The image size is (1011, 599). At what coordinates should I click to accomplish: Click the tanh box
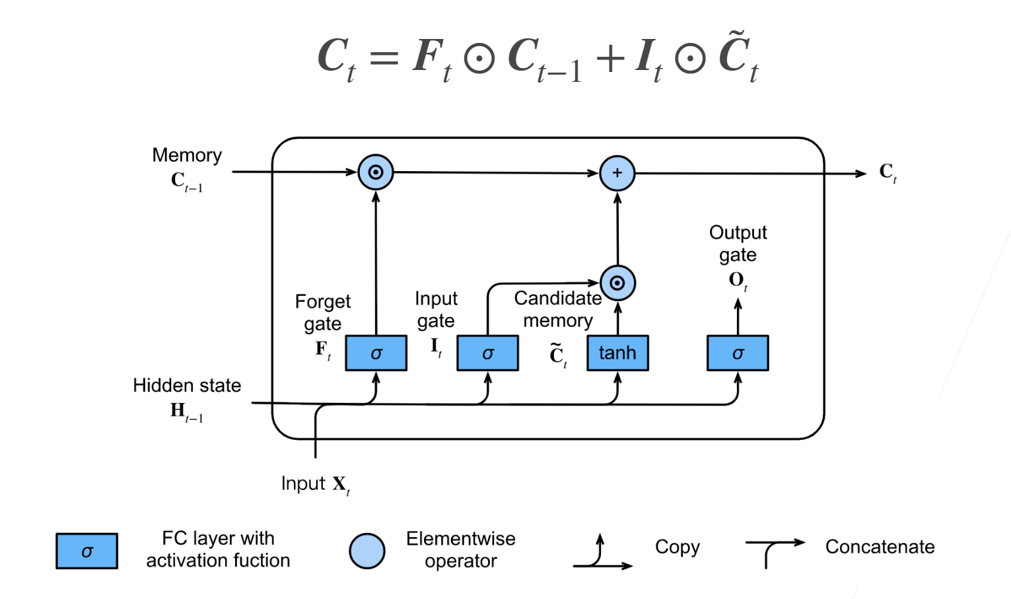tap(617, 353)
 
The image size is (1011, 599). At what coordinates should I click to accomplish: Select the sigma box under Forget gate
tap(376, 353)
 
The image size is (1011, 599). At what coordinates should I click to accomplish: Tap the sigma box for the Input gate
tap(487, 353)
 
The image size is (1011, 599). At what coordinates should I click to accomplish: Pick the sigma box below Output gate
tap(738, 353)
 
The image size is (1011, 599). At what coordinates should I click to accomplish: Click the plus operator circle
tap(617, 173)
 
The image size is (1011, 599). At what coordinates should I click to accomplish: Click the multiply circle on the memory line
tap(376, 172)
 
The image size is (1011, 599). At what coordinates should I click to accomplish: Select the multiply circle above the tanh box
tap(617, 283)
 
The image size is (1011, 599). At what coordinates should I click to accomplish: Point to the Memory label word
tap(187, 155)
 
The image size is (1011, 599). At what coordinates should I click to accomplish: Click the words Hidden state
tap(187, 386)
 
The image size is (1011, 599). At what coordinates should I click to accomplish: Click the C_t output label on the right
tap(888, 172)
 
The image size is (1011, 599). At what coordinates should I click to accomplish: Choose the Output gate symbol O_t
tap(738, 280)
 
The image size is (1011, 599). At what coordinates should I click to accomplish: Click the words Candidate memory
tap(558, 309)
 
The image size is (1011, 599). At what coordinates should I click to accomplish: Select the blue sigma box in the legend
tap(87, 551)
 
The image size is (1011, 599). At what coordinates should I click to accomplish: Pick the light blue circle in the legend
tap(367, 551)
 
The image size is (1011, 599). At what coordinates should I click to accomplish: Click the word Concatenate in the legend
tap(880, 547)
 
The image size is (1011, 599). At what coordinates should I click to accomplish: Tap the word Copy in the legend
tap(677, 547)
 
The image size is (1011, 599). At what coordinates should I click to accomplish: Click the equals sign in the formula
tap(384, 57)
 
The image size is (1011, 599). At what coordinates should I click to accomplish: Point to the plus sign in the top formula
tap(610, 57)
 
